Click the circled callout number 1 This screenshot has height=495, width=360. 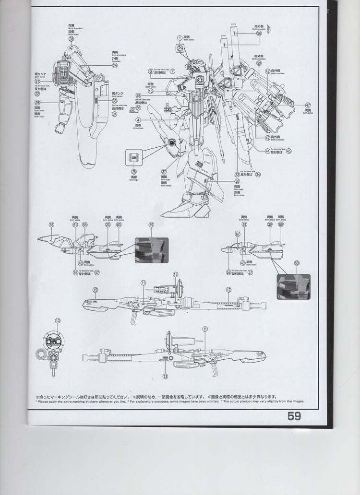click(x=180, y=37)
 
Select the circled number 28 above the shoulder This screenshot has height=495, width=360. click(x=71, y=39)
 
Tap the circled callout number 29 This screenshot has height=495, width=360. click(x=115, y=66)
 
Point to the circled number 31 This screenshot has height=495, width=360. click(x=37, y=80)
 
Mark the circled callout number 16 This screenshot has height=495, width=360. click(x=151, y=91)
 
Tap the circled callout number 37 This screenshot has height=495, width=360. click(x=164, y=171)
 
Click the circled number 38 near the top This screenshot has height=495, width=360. click(x=259, y=34)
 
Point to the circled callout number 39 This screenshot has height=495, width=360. click(x=259, y=63)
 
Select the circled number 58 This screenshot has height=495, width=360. click(x=51, y=224)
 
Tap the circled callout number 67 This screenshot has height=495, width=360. click(x=237, y=234)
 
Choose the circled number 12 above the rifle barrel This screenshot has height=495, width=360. click(x=229, y=290)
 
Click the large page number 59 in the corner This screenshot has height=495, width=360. click(x=294, y=416)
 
